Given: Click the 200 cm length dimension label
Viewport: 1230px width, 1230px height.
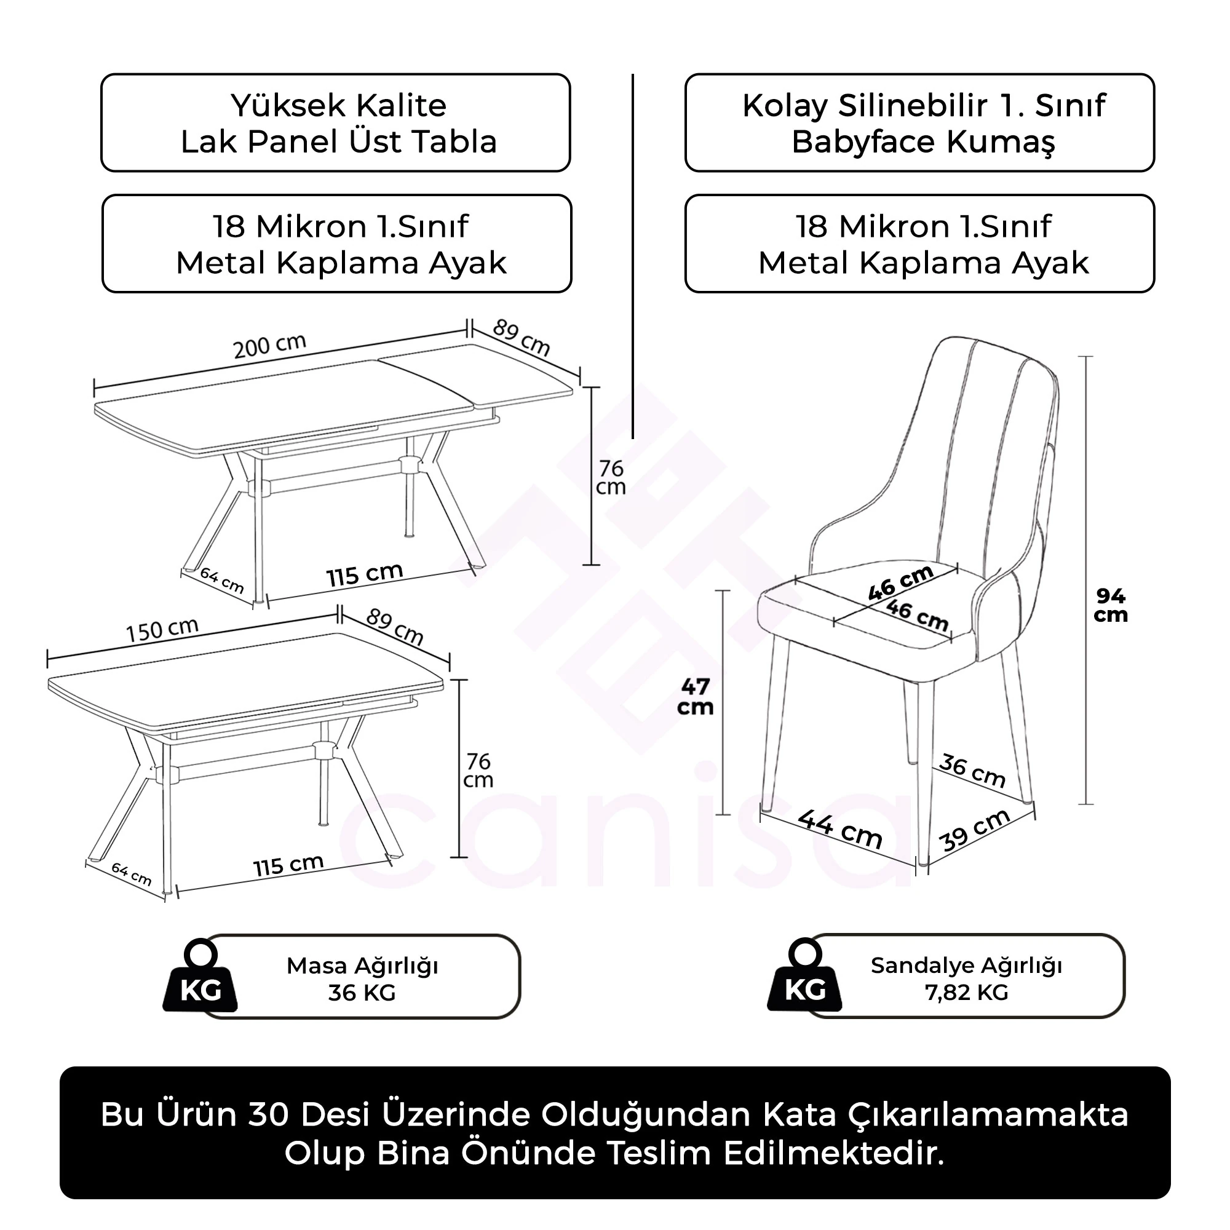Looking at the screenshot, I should (270, 346).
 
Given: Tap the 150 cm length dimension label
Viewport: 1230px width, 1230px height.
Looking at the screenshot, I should (162, 630).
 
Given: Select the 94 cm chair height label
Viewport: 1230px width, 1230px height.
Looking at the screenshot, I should (1110, 605).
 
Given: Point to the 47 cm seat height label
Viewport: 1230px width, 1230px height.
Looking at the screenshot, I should (694, 697).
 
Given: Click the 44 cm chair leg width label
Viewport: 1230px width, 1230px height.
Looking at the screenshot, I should (840, 829).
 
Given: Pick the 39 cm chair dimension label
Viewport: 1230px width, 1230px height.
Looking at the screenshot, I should (975, 830).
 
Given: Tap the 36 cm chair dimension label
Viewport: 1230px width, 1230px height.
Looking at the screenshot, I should (972, 771).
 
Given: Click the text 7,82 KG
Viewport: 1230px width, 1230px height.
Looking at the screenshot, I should (966, 993).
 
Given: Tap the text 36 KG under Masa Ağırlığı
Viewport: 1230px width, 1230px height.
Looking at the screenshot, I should (362, 993).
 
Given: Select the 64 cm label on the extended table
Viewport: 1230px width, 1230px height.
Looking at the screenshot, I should (221, 580).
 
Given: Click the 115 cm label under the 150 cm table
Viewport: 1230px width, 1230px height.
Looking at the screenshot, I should (288, 865).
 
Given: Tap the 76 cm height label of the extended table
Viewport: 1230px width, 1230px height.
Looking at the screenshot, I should (611, 477).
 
